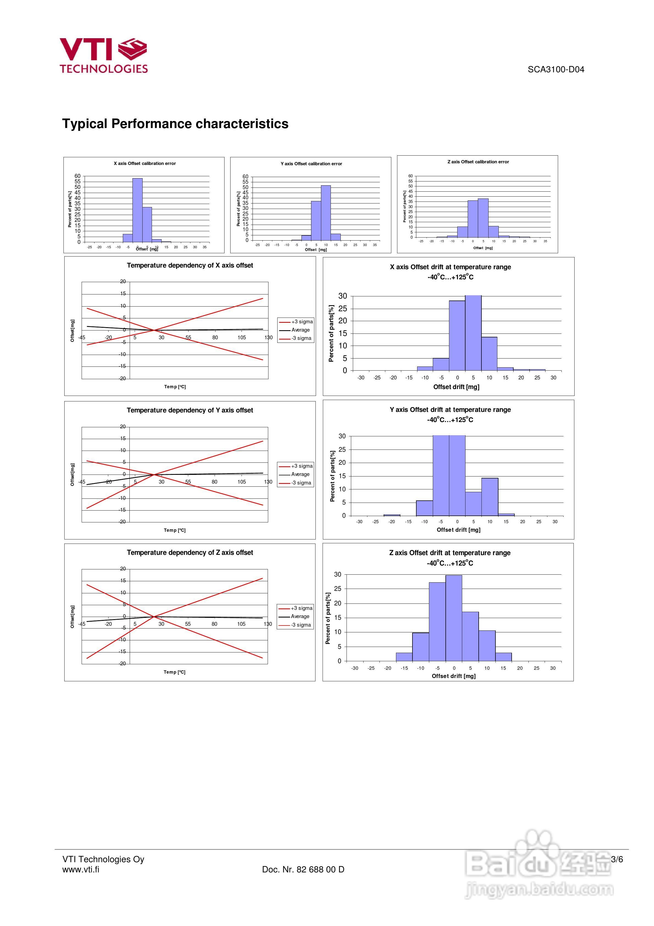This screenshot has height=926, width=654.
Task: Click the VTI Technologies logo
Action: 104,56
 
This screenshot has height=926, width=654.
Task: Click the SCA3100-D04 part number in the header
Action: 556,69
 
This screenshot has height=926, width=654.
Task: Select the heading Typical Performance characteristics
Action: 175,124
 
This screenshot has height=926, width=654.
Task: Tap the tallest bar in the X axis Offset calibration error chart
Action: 137,210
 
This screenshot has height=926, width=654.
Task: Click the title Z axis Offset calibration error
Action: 478,162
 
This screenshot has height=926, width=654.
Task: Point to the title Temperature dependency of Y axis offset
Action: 190,410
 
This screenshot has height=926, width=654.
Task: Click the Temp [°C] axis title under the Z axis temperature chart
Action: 174,672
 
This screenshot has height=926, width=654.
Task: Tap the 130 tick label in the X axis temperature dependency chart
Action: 268,338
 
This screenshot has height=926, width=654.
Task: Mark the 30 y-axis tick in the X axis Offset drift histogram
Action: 343,296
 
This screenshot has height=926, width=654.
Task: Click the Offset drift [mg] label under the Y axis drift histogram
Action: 458,530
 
